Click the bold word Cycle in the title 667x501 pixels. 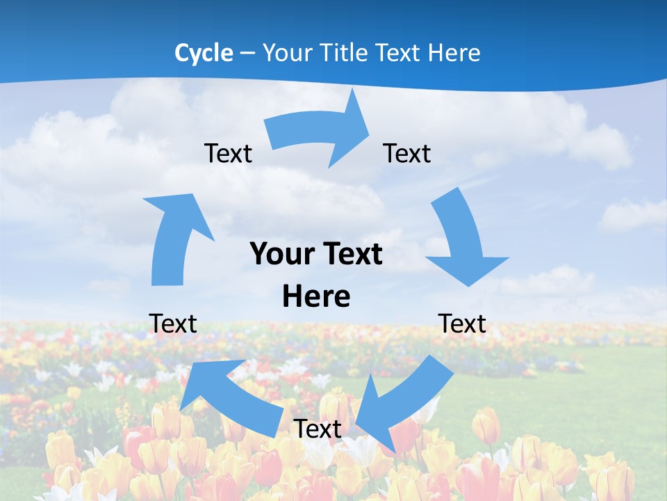(204, 53)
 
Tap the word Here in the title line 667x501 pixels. (454, 53)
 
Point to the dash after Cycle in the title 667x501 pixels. (247, 54)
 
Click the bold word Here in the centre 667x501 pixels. (316, 296)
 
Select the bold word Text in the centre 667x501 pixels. (352, 254)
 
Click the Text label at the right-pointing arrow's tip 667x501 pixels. (407, 153)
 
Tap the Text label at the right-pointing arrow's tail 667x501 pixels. (228, 153)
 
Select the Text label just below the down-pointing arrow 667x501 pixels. (462, 324)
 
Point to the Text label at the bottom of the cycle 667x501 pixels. (318, 429)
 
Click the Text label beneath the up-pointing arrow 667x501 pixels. (172, 324)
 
